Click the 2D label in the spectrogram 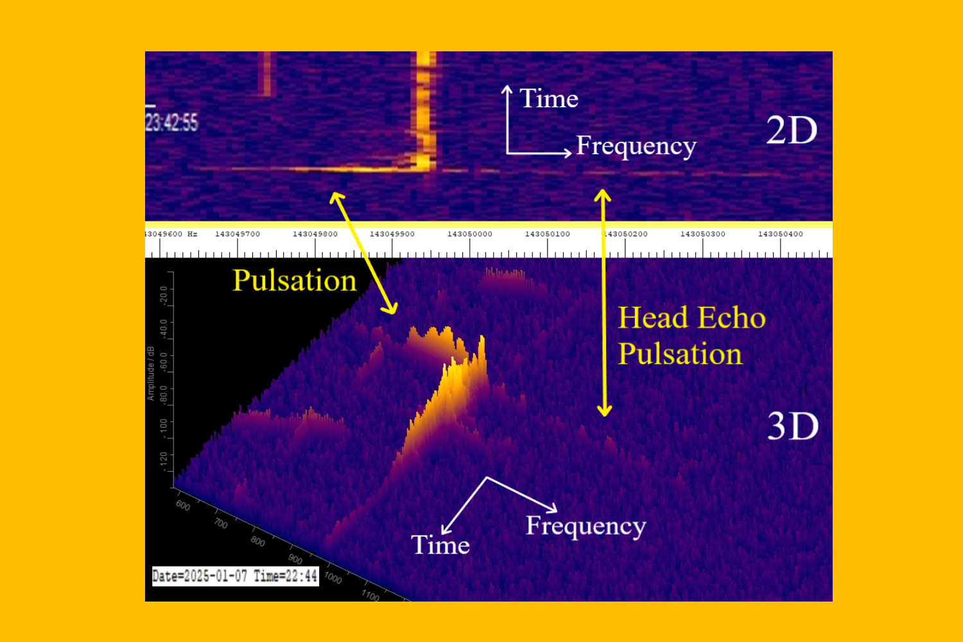click(x=792, y=131)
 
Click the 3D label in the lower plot click(x=793, y=426)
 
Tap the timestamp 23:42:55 click(x=172, y=122)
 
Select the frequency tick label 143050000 click(x=470, y=234)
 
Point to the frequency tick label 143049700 click(x=238, y=234)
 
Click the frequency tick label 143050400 click(x=780, y=234)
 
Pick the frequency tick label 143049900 click(x=392, y=234)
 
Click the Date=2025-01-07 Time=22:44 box click(x=235, y=576)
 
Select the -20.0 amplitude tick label click(x=164, y=295)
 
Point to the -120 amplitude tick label click(x=164, y=460)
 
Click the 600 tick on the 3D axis click(x=183, y=506)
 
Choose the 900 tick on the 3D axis click(x=295, y=559)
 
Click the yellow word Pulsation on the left click(x=294, y=281)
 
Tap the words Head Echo click(x=691, y=318)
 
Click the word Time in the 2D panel click(x=549, y=99)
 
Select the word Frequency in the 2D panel click(x=636, y=146)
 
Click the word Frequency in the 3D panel click(x=586, y=526)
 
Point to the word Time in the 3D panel click(x=440, y=545)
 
